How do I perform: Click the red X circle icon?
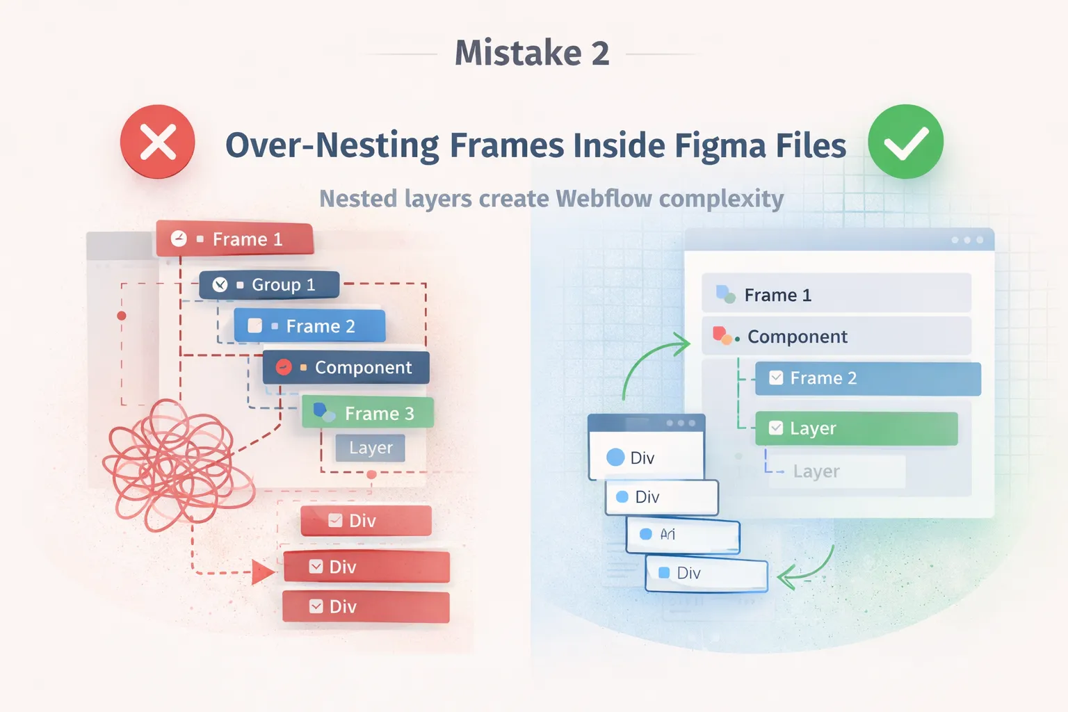coord(158,142)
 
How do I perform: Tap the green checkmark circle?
coord(905,142)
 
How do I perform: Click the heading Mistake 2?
coord(532,53)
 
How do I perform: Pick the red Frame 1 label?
coord(235,239)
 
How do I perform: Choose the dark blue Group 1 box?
coord(270,285)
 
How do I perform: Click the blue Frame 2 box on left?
coord(310,326)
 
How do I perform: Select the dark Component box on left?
coord(346,368)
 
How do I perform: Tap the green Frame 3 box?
coord(368,413)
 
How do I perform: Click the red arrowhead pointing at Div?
coord(263,573)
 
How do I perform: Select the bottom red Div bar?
coord(366,607)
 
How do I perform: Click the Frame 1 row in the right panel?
coord(836,295)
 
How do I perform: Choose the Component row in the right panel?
coord(836,337)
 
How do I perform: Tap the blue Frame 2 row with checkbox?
coord(868,378)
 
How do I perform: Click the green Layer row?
coord(856,428)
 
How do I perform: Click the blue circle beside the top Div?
coord(615,458)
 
